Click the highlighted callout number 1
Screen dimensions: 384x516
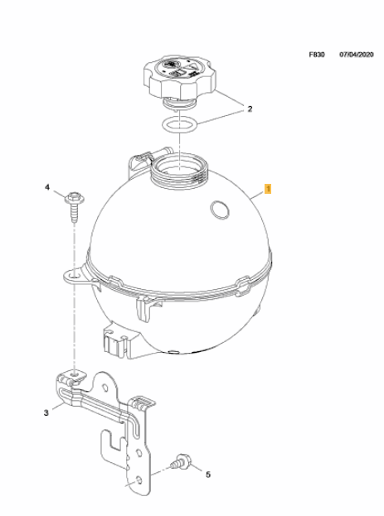point(268,189)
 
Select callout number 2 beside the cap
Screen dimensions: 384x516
point(250,109)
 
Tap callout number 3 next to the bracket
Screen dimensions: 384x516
point(46,412)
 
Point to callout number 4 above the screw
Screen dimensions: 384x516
point(47,187)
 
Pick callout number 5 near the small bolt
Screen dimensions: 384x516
point(208,475)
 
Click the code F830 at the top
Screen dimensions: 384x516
point(317,55)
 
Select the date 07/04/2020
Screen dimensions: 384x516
point(357,55)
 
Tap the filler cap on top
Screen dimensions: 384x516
point(180,79)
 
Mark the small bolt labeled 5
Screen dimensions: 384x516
point(182,461)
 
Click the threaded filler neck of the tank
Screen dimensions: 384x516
point(180,172)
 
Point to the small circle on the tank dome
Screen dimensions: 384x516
point(218,210)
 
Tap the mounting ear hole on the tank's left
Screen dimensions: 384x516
point(74,275)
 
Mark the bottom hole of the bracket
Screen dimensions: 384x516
point(139,480)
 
